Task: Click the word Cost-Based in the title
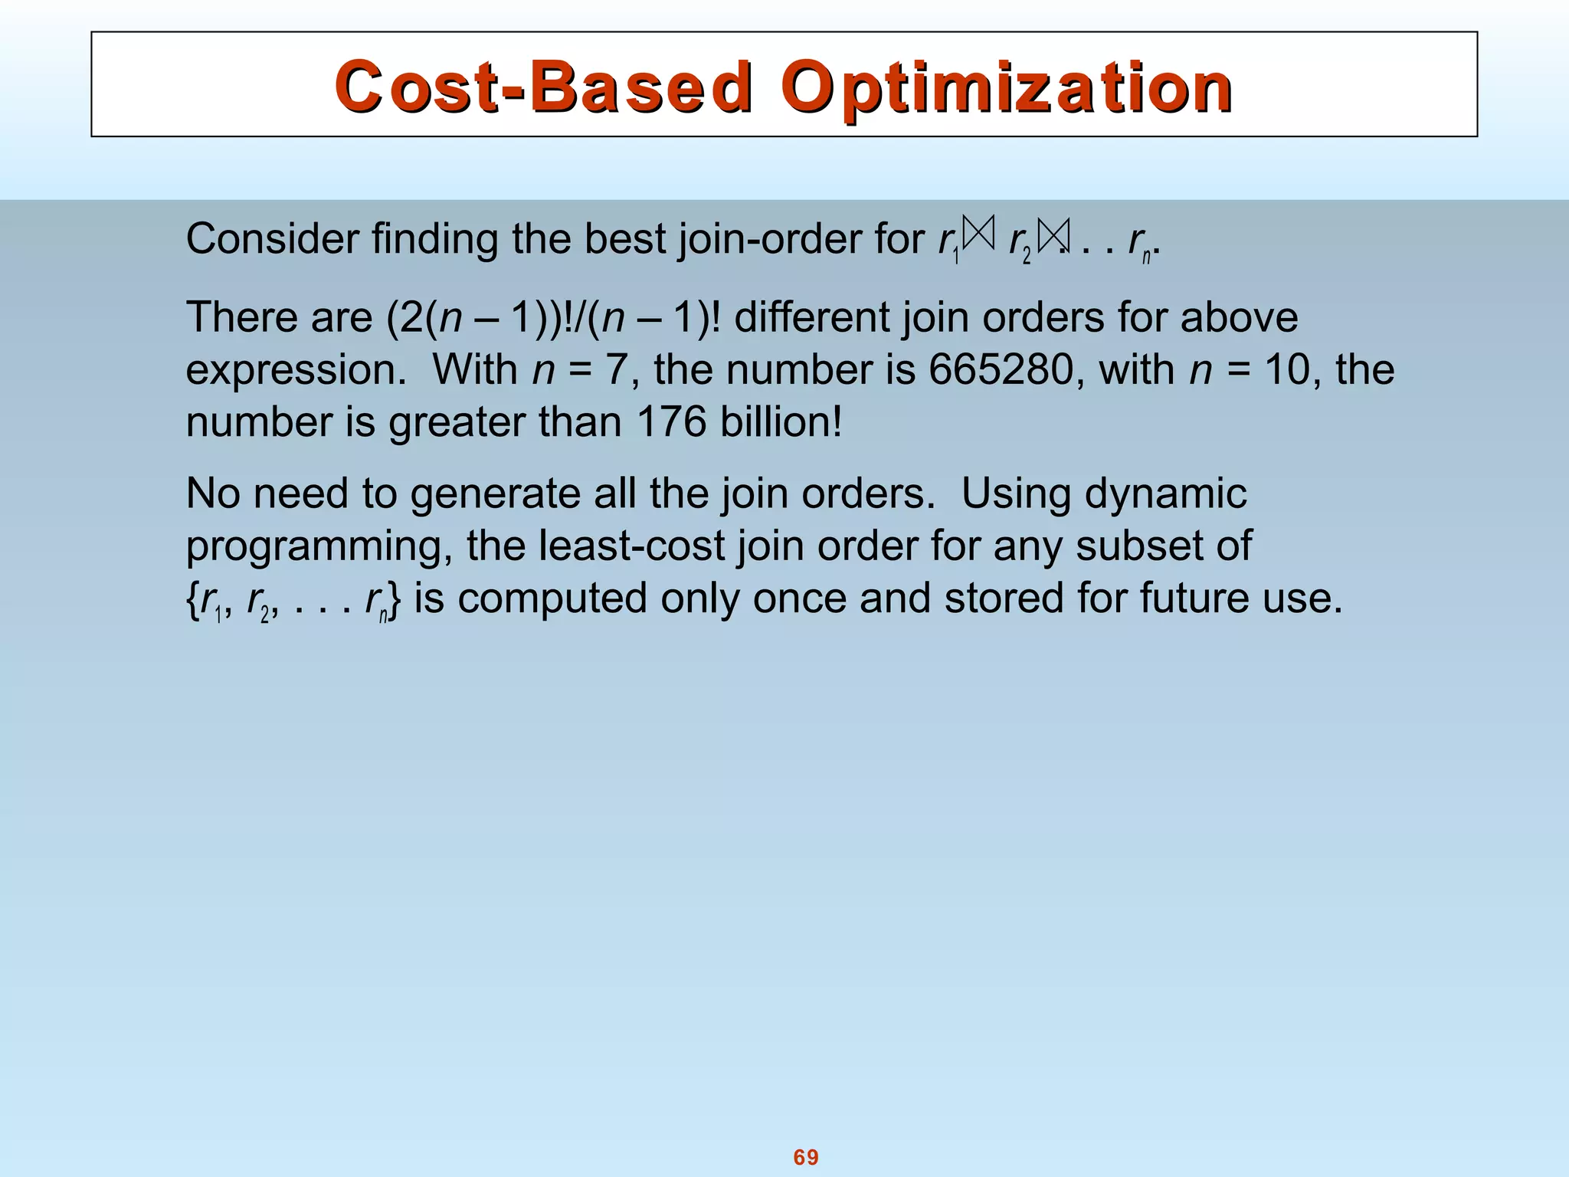tap(544, 87)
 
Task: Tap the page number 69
tap(806, 1157)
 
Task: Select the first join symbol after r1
tap(979, 234)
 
